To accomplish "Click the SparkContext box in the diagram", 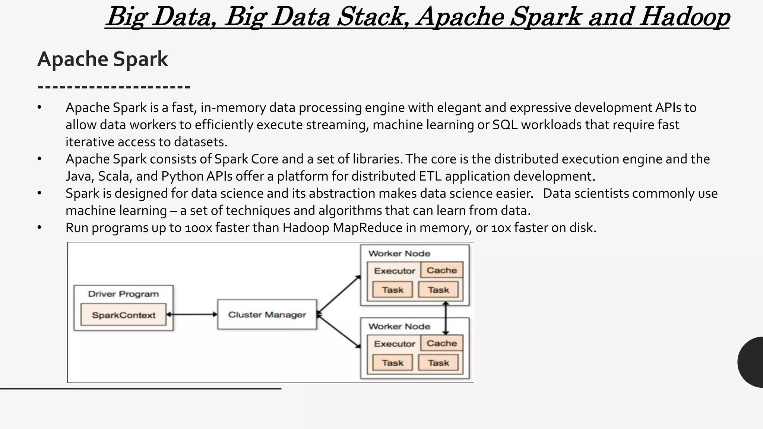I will pyautogui.click(x=123, y=315).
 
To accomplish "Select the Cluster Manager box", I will pyautogui.click(x=267, y=315).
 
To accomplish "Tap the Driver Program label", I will pyautogui.click(x=123, y=294).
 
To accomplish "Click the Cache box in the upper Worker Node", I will pyautogui.click(x=441, y=270).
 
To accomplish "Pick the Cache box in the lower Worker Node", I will pyautogui.click(x=441, y=343).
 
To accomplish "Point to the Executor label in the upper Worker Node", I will pyautogui.click(x=394, y=271).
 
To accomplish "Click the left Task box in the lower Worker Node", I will pyautogui.click(x=392, y=363).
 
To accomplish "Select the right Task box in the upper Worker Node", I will pyautogui.click(x=438, y=290).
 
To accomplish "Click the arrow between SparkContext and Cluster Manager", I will pyautogui.click(x=191, y=315).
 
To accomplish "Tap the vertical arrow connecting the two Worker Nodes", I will pyautogui.click(x=446, y=318).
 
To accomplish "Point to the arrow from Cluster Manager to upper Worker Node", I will pyautogui.click(x=338, y=294).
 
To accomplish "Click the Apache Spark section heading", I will pyautogui.click(x=102, y=59).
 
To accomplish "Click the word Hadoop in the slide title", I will pyautogui.click(x=685, y=17).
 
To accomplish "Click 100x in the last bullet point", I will pyautogui.click(x=198, y=228).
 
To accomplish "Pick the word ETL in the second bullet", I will pyautogui.click(x=430, y=176).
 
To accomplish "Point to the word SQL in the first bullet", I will pyautogui.click(x=505, y=125).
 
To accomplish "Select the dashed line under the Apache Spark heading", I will pyautogui.click(x=114, y=87).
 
